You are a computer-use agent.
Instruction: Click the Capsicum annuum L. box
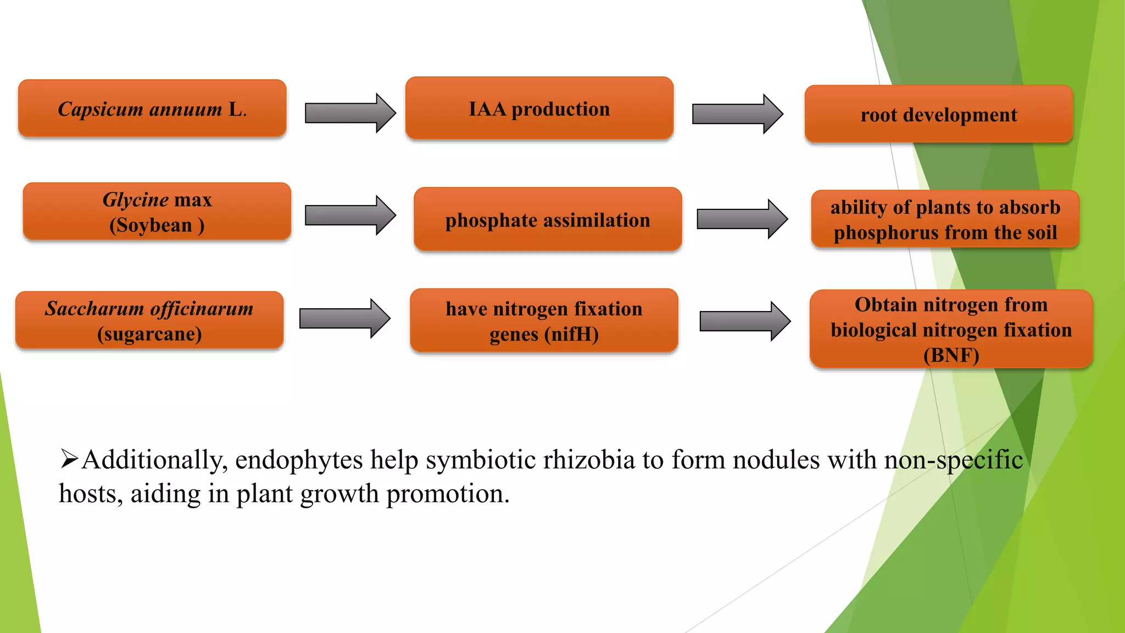[x=152, y=108]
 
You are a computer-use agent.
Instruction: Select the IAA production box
[x=539, y=108]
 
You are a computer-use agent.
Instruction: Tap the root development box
[x=938, y=114]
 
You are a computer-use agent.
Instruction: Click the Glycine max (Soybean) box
[x=157, y=212]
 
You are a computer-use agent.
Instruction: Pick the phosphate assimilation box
[x=548, y=220]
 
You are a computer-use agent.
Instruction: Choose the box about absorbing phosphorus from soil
[x=945, y=220]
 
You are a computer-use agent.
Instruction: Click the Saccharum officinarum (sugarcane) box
[x=149, y=320]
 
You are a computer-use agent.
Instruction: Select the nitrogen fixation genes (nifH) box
[x=544, y=321]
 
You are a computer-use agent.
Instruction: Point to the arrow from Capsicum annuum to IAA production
[x=350, y=113]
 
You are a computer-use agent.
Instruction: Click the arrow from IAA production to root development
[x=737, y=114]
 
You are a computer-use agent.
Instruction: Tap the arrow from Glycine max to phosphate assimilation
[x=350, y=215]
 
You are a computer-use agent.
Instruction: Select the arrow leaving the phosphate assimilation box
[x=742, y=219]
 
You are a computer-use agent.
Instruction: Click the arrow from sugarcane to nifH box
[x=344, y=318]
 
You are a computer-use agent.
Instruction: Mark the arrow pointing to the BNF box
[x=744, y=321]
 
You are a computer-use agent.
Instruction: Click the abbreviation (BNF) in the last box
[x=951, y=356]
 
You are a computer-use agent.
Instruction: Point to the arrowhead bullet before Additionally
[x=69, y=459]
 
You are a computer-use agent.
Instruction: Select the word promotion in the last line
[x=448, y=494]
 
